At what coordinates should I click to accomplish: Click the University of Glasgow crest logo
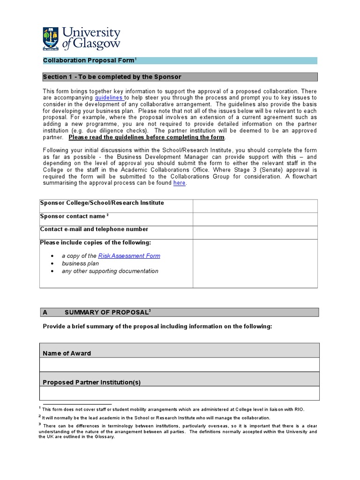pyautogui.click(x=51, y=39)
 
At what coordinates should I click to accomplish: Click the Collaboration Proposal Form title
pyautogui.click(x=89, y=60)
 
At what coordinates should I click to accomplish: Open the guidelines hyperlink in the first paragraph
pyautogui.click(x=109, y=97)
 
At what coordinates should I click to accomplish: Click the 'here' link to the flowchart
pyautogui.click(x=179, y=183)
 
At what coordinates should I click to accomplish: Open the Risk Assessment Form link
pyautogui.click(x=129, y=256)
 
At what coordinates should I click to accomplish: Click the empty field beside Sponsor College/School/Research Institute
pyautogui.click(x=255, y=206)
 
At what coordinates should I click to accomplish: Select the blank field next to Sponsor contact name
pyautogui.click(x=255, y=219)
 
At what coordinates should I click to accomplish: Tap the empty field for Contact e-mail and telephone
pyautogui.click(x=255, y=232)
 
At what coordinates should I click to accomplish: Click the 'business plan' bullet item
pyautogui.click(x=80, y=263)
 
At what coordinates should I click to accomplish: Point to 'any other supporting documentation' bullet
pyautogui.click(x=110, y=271)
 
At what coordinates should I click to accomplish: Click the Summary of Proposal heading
pyautogui.click(x=108, y=312)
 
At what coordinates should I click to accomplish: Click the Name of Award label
pyautogui.click(x=67, y=353)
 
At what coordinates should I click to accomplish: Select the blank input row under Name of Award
pyautogui.click(x=180, y=365)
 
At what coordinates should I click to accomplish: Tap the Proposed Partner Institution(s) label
pyautogui.click(x=92, y=382)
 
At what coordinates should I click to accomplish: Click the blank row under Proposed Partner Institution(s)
pyautogui.click(x=180, y=393)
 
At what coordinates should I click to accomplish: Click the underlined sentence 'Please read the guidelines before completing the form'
pyautogui.click(x=147, y=137)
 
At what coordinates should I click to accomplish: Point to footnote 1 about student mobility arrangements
pyautogui.click(x=173, y=409)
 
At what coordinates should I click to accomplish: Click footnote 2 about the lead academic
pyautogui.click(x=156, y=418)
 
